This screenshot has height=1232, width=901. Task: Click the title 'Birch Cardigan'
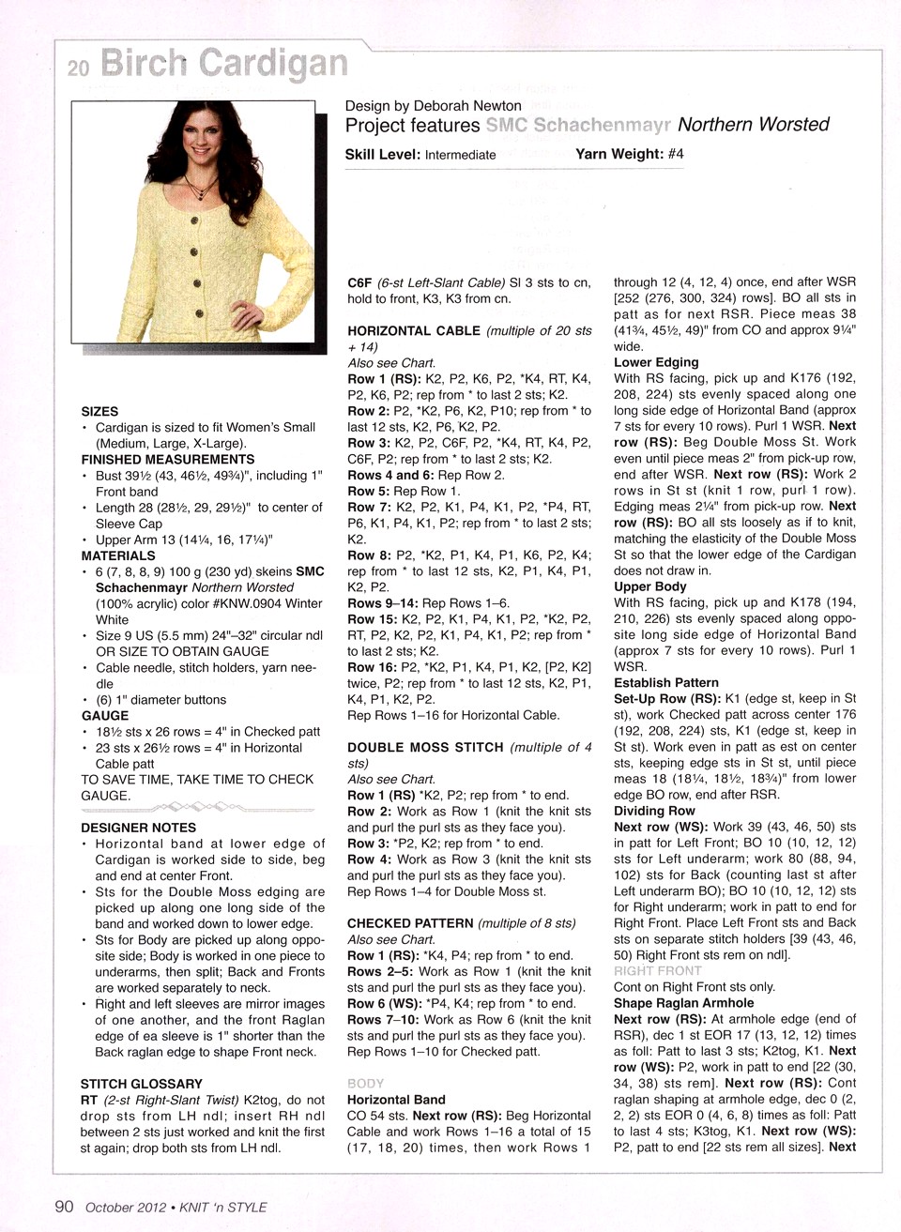coord(223,63)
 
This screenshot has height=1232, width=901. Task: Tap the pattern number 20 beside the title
coord(78,68)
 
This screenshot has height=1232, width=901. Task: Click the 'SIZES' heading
coord(99,411)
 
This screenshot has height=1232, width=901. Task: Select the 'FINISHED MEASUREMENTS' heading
coord(168,459)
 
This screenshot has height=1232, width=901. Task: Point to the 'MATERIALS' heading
coord(118,555)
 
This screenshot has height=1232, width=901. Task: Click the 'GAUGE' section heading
coord(104,715)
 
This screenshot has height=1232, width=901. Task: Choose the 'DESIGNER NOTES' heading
coord(138,828)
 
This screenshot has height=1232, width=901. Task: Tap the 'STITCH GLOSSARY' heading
coord(141,1084)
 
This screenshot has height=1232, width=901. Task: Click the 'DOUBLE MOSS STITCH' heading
coord(425,747)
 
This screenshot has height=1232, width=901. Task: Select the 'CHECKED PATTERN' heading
coord(410,923)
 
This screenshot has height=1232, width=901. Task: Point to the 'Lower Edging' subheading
coord(656,362)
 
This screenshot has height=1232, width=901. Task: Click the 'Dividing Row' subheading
coord(654,811)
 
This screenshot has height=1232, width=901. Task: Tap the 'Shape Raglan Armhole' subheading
coord(683,1002)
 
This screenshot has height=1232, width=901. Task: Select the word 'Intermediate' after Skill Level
coord(460,155)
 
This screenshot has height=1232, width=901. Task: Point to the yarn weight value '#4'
coord(676,154)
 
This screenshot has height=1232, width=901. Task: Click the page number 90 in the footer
coord(64,1207)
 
